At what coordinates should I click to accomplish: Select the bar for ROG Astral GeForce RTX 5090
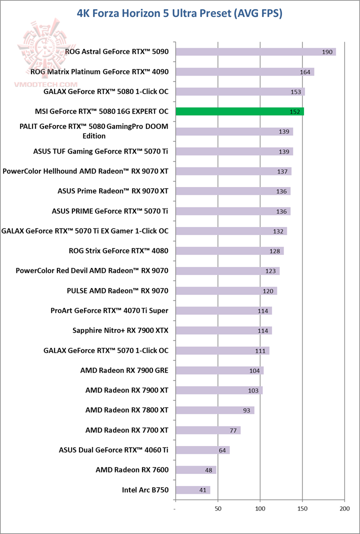[255, 51]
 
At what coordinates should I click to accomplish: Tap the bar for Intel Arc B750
[192, 490]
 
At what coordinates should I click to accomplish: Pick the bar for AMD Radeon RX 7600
[195, 470]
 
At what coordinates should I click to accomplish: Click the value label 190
[327, 52]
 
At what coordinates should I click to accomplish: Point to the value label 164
[305, 72]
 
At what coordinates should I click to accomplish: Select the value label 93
[246, 410]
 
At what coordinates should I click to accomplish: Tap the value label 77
[232, 430]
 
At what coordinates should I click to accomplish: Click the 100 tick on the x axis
[260, 508]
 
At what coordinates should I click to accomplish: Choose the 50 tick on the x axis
[217, 508]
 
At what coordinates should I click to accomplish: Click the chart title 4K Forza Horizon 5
[179, 13]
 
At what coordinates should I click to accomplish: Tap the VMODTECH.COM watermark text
[47, 85]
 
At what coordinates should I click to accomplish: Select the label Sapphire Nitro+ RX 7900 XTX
[120, 330]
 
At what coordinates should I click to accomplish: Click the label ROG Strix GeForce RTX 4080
[118, 251]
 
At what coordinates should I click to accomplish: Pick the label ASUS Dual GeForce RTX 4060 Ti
[113, 450]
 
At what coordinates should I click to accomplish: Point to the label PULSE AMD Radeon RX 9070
[117, 290]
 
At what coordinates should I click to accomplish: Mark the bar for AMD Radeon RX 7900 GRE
[219, 370]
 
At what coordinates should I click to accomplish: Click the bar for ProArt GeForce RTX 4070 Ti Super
[223, 310]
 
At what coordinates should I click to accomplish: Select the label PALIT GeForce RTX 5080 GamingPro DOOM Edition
[93, 131]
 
